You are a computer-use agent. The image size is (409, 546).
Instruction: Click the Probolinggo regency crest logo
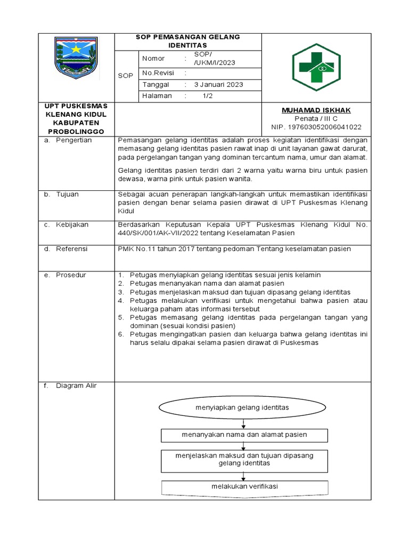pos(76,57)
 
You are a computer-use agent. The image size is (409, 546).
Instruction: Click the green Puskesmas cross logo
pos(316,67)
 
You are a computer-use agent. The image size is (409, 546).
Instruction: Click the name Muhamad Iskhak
pos(316,110)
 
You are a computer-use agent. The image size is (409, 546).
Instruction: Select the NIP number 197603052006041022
pos(316,127)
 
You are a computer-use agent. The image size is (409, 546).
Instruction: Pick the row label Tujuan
pos(67,194)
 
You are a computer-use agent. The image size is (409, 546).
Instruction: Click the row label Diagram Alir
pos(76,386)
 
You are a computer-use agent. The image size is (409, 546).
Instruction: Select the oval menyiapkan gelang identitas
pos(242,407)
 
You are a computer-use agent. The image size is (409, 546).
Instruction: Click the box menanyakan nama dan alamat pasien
pos(244,435)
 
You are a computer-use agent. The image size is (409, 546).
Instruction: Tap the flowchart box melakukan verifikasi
pos(244,487)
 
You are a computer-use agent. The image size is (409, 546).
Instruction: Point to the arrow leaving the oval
pos(243,423)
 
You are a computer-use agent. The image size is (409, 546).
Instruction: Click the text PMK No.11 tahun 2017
pos(155,249)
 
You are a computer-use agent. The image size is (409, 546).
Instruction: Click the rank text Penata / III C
pos(316,118)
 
